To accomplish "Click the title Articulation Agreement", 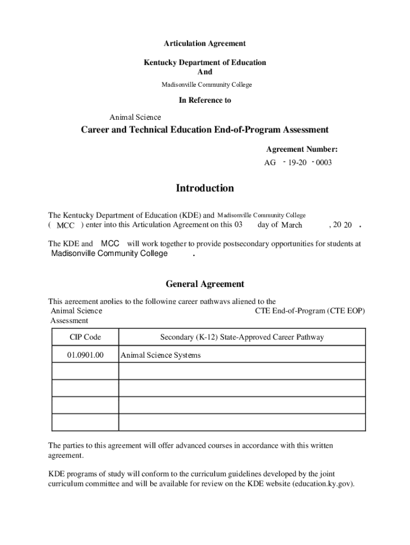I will click(204, 43).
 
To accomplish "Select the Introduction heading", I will click(204, 188).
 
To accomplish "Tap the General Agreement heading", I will click(204, 284).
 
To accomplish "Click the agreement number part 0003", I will click(324, 163).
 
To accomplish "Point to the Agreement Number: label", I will click(302, 150).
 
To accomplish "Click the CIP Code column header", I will click(85, 337).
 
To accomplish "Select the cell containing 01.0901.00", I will click(85, 355).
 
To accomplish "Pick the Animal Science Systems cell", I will click(161, 355).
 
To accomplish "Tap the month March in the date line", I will click(291, 225).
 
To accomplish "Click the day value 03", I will click(238, 225).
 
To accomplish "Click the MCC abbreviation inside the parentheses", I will click(65, 226).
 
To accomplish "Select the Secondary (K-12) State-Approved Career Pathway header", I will click(242, 337).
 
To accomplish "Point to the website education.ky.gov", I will click(323, 484).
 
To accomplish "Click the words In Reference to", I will click(204, 100).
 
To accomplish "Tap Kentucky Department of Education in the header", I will click(204, 62).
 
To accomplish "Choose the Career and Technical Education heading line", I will click(204, 130).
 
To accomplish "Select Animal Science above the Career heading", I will click(135, 117).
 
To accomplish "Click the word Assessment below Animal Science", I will click(69, 320).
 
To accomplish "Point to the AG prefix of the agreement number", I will click(270, 163).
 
